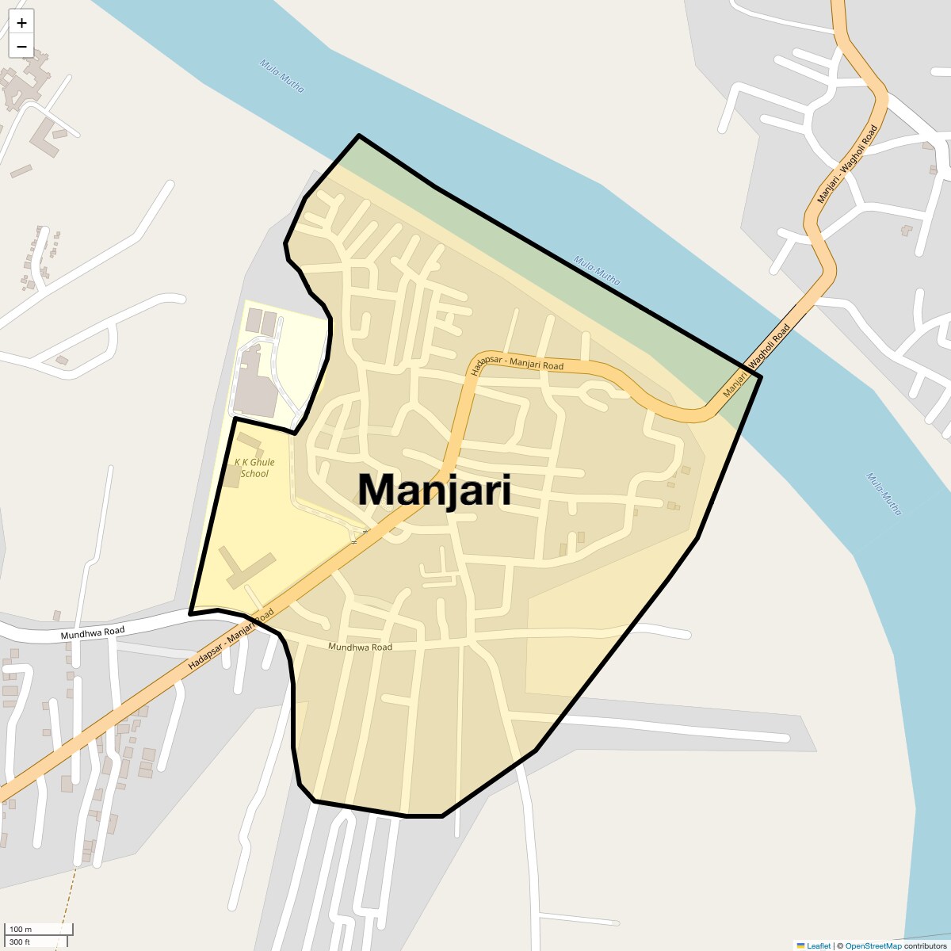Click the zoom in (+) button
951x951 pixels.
pos(21,23)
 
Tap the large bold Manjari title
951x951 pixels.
pos(433,490)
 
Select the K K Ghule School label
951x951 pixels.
pos(254,468)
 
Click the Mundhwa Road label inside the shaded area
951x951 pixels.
pos(360,647)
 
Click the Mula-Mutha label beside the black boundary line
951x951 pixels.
pos(597,270)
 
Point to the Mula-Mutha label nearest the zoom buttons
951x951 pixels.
pos(281,76)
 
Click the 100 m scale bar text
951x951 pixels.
pos(21,929)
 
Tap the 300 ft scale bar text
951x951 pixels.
pos(20,941)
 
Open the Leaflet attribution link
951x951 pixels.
pos(818,945)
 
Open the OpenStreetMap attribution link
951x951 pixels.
pos(873,945)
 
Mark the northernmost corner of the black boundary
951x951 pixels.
pos(359,136)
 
